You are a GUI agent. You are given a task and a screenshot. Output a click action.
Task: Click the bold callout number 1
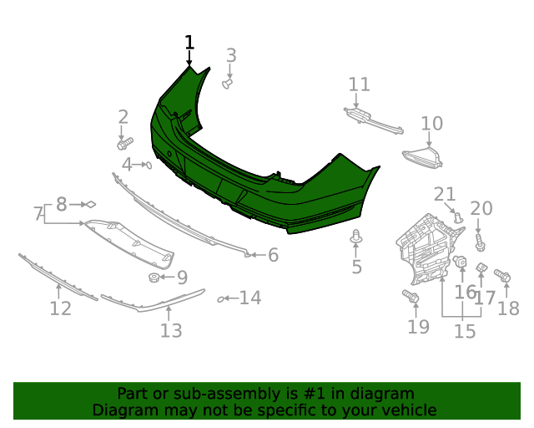point(189,43)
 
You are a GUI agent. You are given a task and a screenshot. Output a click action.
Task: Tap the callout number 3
point(231,55)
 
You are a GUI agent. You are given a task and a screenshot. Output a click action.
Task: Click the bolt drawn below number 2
point(125,143)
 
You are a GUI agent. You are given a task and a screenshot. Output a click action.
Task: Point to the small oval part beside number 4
point(149,166)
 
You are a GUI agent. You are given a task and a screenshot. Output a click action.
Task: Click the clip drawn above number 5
point(356,237)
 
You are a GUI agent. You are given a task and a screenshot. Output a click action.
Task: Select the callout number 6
point(274,255)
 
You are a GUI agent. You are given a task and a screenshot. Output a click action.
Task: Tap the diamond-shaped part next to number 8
point(91,205)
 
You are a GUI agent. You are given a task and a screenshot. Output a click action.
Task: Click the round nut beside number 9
point(154,278)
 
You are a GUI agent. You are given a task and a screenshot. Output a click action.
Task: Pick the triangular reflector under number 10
point(423,157)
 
